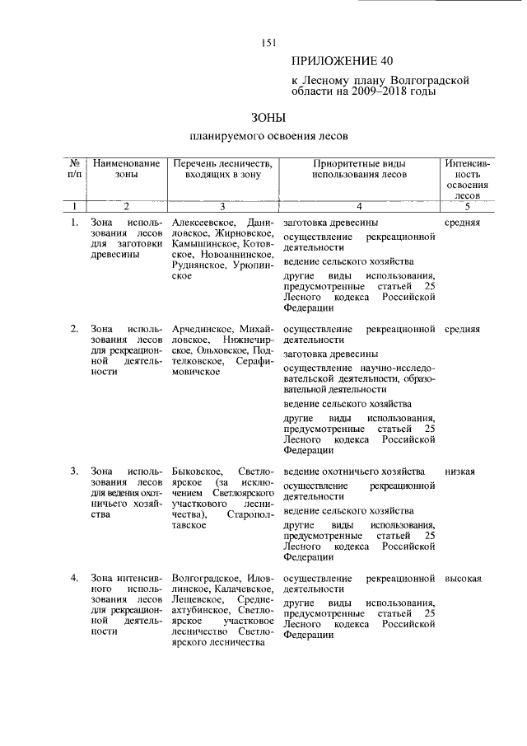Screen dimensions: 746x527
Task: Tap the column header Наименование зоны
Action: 127,169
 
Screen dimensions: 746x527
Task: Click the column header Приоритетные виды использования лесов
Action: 359,169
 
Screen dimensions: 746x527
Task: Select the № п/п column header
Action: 74,169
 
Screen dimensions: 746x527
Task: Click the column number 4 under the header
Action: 359,206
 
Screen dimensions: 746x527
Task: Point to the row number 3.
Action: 74,472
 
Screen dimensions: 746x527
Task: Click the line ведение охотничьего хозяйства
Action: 354,472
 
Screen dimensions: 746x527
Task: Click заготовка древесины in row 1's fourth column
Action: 331,223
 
